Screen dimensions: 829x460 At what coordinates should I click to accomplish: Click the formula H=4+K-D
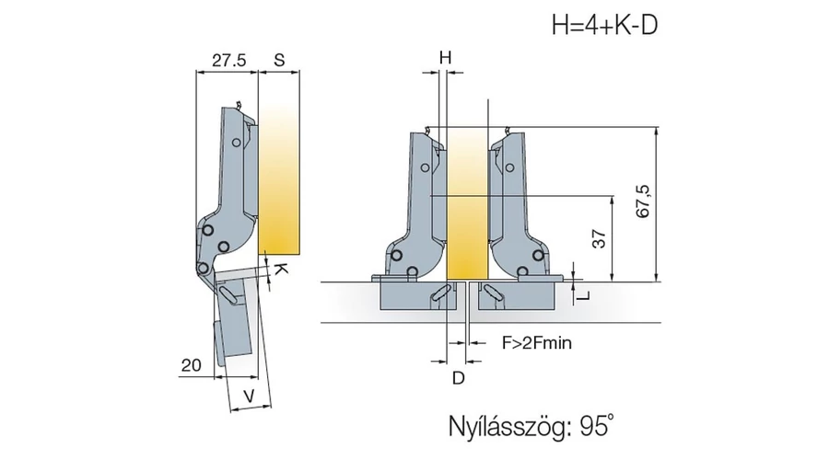pos(605,25)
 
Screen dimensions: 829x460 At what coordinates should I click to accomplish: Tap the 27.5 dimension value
pos(229,60)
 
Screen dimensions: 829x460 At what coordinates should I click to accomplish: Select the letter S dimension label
pos(279,60)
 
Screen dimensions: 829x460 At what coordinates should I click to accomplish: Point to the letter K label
pos(282,270)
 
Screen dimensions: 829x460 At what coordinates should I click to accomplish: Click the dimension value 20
pos(192,365)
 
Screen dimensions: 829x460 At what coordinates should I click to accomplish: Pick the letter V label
pos(249,396)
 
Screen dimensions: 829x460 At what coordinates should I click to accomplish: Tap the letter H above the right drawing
pos(446,58)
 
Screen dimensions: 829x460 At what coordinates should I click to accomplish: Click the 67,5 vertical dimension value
pos(643,201)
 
